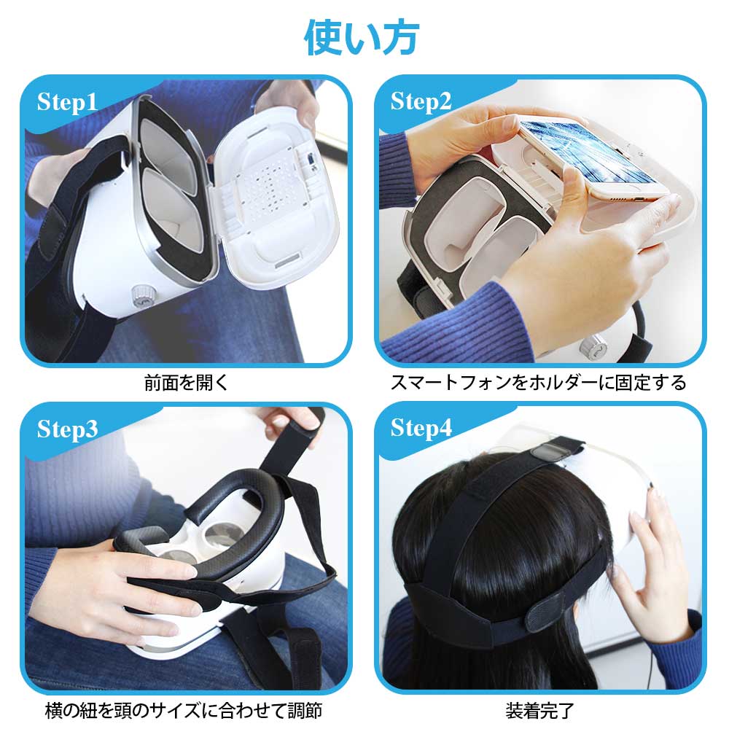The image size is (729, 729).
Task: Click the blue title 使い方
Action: pos(362,38)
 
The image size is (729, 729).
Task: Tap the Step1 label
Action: pos(67,102)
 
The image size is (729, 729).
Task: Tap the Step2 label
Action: pos(421,102)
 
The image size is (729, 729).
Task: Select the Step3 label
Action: pos(67,429)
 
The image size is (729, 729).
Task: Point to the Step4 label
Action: pos(421,428)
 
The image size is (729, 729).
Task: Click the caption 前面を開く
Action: pos(186,383)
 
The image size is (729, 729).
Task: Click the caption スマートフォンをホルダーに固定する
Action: pos(539,383)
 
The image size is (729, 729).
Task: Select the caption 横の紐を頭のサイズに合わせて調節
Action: pos(184,710)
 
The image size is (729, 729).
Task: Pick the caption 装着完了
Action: pos(539,710)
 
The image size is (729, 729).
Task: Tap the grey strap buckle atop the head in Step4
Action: pos(552,451)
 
